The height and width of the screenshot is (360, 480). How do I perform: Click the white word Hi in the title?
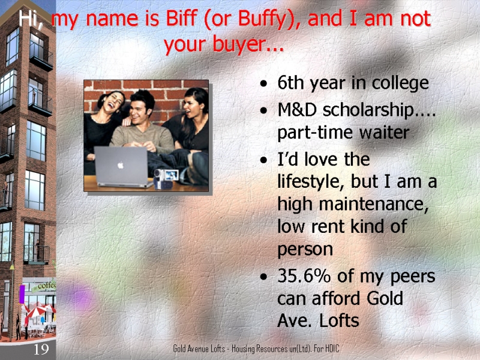(x=29, y=19)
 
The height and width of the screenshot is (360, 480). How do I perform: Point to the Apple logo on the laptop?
(x=121, y=165)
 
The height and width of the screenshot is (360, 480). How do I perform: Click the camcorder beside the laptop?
(x=166, y=178)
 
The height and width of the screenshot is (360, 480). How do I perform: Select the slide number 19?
(x=41, y=349)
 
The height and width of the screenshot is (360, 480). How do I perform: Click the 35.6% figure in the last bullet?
(x=304, y=276)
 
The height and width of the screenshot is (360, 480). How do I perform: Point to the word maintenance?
(x=373, y=203)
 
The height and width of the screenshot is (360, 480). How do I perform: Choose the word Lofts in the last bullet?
(x=339, y=321)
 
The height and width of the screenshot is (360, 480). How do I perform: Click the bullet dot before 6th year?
(x=263, y=83)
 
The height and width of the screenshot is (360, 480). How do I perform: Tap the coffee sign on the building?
(x=44, y=286)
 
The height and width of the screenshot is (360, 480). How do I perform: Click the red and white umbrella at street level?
(x=37, y=311)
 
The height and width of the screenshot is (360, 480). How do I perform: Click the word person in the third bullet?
(x=305, y=250)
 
